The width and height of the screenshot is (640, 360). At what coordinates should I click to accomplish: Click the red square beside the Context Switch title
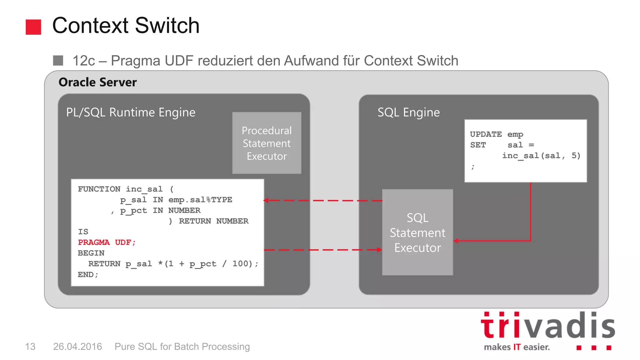click(x=33, y=27)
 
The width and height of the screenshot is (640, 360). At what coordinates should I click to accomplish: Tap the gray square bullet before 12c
click(x=58, y=60)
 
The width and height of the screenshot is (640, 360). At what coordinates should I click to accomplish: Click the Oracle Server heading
click(x=97, y=82)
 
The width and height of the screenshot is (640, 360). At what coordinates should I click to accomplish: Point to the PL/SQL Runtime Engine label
click(x=131, y=112)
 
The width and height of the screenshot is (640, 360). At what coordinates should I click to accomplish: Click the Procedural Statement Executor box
click(x=267, y=143)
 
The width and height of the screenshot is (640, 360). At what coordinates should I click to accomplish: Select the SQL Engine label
click(x=408, y=112)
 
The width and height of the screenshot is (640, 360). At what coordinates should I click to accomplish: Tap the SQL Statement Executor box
click(x=417, y=232)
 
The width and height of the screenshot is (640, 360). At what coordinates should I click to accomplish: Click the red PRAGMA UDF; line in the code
click(x=107, y=242)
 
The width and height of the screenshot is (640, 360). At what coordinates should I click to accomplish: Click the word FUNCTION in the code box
click(x=99, y=189)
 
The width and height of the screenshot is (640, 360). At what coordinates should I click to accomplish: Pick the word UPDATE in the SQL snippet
click(x=486, y=134)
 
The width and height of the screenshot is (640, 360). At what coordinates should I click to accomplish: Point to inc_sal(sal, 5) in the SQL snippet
click(x=541, y=156)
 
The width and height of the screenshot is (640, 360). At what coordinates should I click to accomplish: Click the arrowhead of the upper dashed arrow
click(x=266, y=200)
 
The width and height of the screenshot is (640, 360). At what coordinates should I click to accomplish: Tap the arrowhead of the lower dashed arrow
click(x=379, y=250)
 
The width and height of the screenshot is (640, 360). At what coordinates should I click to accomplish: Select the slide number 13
click(x=30, y=347)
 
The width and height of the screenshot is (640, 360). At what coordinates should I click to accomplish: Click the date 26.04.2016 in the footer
click(x=77, y=347)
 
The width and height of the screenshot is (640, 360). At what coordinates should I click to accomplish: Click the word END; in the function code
click(x=88, y=275)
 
